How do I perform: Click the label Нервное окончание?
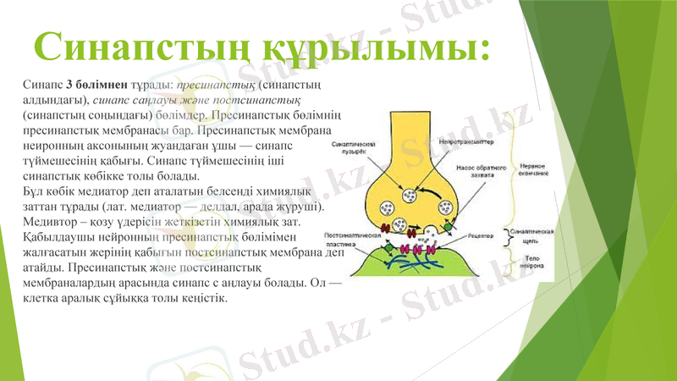(531, 170)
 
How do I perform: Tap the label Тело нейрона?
(531, 260)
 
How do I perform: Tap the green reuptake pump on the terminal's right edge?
(446, 228)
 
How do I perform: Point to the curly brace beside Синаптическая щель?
(506, 235)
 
